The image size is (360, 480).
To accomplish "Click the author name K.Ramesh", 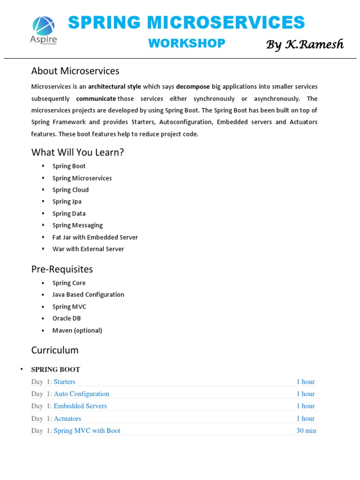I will coord(305,45).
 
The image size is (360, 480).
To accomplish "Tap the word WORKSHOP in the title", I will coord(187,43).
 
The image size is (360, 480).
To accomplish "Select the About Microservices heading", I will coord(75,71).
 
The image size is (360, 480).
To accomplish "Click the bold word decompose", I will coord(193,87).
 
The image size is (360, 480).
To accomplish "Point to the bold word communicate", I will coord(96,98).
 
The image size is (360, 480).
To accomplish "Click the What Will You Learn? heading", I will coord(77,152).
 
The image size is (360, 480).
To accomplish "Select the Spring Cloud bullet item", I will coord(70,190).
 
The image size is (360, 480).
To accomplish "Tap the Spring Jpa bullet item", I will coord(67,202).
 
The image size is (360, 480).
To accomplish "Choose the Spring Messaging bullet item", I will coord(77,225).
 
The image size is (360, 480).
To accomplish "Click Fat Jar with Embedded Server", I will coord(95,237).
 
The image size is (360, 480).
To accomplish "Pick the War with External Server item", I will coord(88,249).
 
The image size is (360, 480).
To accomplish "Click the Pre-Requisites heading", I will coord(62,269).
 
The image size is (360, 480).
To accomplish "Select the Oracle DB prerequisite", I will coord(67,318).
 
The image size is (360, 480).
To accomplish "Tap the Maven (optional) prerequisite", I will coord(77,330).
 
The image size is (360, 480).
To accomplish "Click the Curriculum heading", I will coord(55,350).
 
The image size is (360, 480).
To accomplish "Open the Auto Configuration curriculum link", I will coord(82,394).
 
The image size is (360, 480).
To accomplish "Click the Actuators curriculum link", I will coord(67,419).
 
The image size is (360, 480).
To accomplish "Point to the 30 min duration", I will coord(306,431).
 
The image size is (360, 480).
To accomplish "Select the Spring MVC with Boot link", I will coord(87,431).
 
